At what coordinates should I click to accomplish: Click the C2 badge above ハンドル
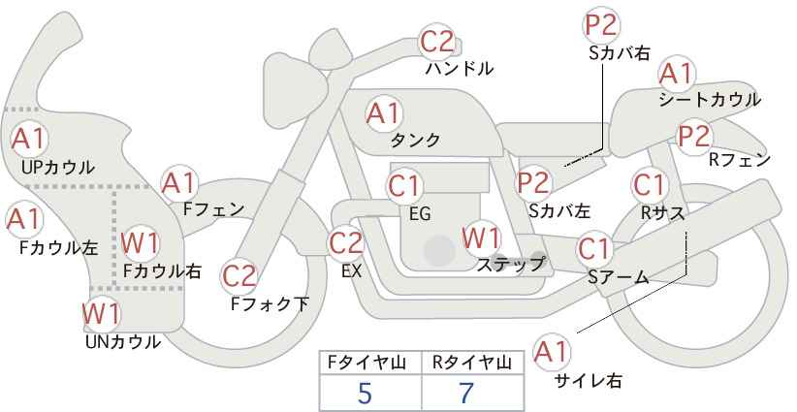click(436, 42)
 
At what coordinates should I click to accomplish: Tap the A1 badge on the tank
click(383, 113)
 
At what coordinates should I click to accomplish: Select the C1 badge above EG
click(404, 185)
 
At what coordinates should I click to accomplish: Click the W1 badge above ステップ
click(481, 237)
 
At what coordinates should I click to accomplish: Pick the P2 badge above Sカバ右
click(603, 25)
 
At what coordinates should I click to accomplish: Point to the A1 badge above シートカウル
click(675, 73)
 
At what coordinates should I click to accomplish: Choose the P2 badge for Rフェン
click(695, 136)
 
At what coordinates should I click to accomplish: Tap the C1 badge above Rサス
click(650, 183)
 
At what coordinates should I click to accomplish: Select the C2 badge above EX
click(346, 242)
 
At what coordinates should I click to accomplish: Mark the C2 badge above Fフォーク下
click(239, 277)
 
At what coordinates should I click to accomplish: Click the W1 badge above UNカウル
click(101, 313)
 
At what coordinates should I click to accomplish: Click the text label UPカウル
click(58, 168)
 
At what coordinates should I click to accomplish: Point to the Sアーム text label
click(618, 277)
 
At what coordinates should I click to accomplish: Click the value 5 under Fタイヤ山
click(365, 394)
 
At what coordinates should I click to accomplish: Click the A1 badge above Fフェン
click(179, 181)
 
